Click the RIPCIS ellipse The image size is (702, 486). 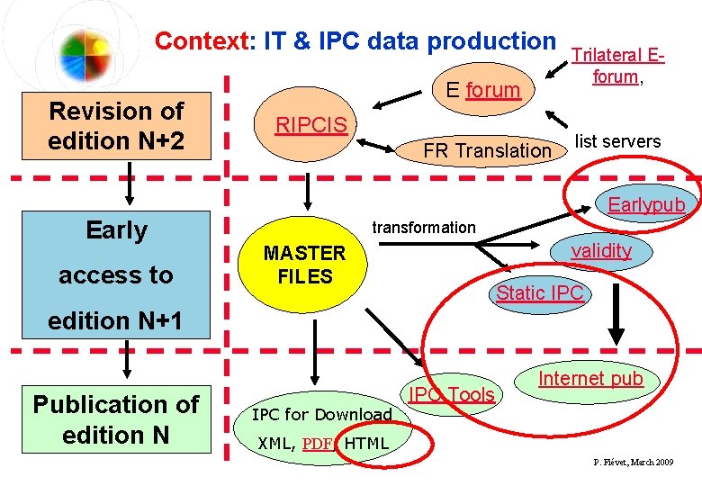(x=310, y=125)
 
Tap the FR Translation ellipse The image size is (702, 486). (x=487, y=150)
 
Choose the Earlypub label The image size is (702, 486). (x=646, y=204)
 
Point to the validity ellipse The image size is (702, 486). (x=600, y=251)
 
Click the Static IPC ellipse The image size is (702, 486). (x=540, y=292)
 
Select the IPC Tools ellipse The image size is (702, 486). (x=452, y=394)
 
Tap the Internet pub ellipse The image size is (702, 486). (x=590, y=379)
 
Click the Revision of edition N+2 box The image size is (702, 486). (x=116, y=126)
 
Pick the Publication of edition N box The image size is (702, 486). (x=116, y=419)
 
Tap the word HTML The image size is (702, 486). (x=367, y=443)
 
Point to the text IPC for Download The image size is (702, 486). (x=321, y=415)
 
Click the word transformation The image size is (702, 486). (x=424, y=228)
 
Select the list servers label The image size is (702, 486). (x=617, y=141)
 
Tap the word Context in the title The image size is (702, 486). (x=200, y=41)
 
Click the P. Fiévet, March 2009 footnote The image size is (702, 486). (x=633, y=462)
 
